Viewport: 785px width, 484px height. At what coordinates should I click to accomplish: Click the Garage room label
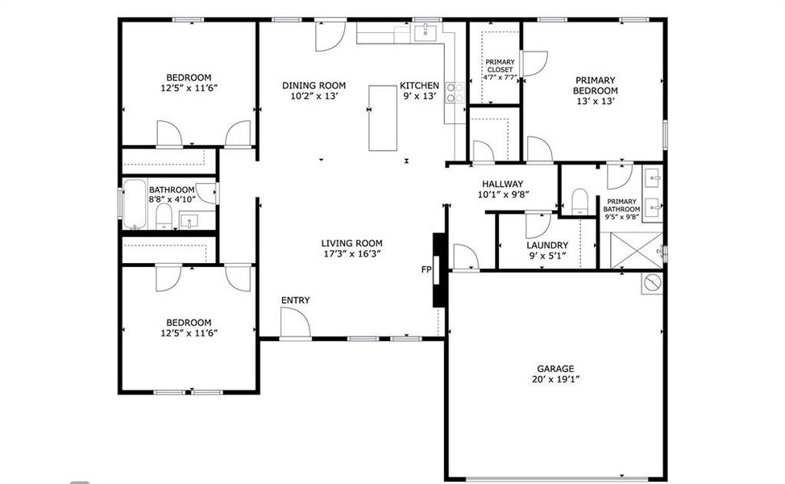point(555,369)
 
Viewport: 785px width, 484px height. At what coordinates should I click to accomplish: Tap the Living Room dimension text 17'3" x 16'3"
point(351,253)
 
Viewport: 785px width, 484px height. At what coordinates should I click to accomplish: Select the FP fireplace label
point(426,270)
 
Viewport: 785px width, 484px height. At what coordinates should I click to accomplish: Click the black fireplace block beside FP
point(439,270)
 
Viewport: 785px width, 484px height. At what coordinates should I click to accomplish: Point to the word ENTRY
point(295,301)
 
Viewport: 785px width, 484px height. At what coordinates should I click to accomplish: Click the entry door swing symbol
point(295,324)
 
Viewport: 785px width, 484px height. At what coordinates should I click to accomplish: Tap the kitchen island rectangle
point(383,118)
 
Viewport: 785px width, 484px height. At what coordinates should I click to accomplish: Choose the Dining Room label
point(314,86)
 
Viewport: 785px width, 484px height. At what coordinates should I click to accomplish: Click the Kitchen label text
point(419,86)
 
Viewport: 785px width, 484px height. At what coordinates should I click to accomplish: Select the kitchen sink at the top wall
point(424,32)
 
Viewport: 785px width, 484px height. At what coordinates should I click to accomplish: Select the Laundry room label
point(547,245)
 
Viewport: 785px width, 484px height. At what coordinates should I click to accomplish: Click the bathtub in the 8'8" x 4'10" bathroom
point(133,206)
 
